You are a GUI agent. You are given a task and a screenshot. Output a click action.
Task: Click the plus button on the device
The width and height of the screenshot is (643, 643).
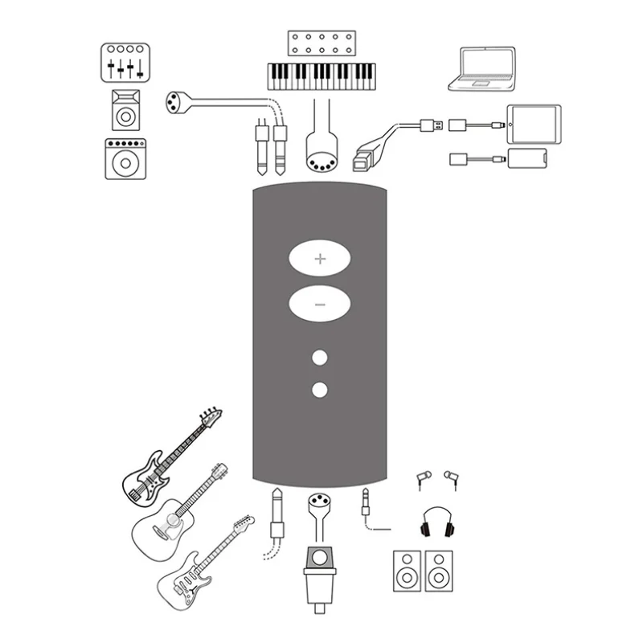click(320, 259)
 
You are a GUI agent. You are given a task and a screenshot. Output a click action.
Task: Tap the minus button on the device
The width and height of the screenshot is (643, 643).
click(320, 305)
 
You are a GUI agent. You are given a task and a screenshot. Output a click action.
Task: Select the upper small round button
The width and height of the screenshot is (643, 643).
click(321, 358)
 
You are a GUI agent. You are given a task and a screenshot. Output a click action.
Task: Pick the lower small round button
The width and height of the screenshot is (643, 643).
click(321, 391)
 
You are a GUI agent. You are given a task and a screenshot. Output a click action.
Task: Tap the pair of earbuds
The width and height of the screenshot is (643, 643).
click(437, 481)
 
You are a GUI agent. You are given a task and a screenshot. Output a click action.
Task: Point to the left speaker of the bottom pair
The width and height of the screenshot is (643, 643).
click(407, 571)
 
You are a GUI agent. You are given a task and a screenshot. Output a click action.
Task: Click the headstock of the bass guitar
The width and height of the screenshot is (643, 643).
click(211, 417)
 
